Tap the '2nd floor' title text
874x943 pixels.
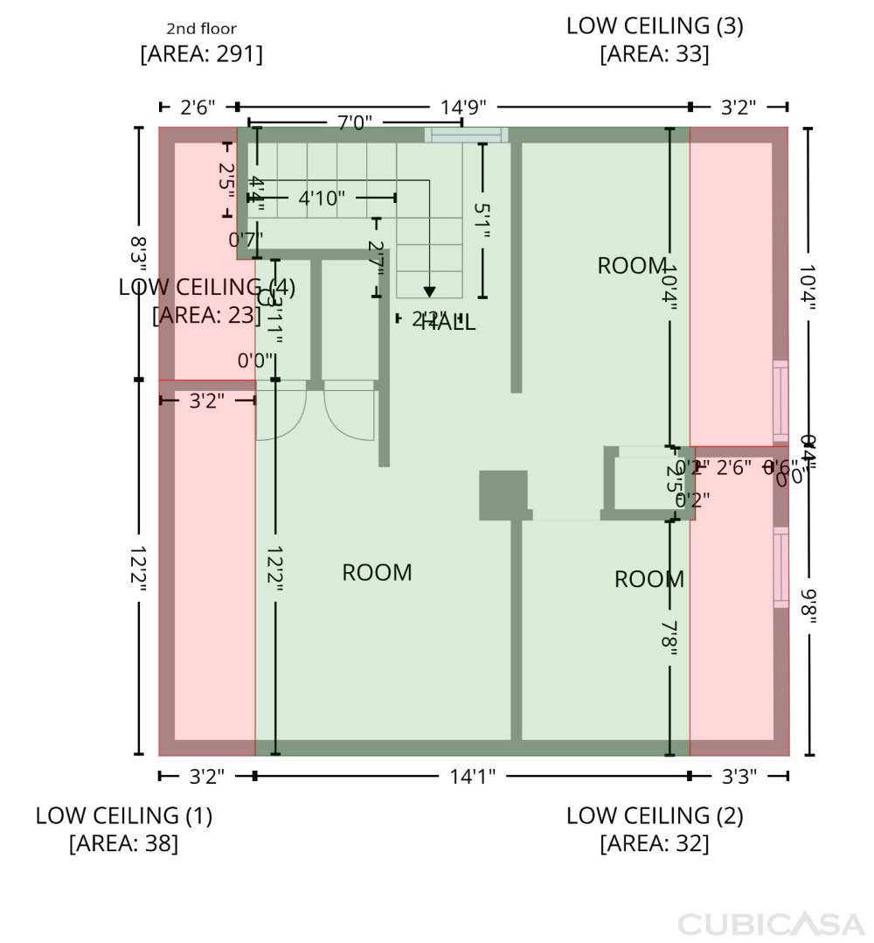pyautogui.click(x=201, y=29)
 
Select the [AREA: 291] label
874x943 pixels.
pyautogui.click(x=201, y=54)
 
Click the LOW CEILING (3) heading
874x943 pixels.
pyautogui.click(x=655, y=25)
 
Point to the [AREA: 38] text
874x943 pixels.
pyautogui.click(x=123, y=843)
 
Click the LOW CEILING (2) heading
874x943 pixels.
pyautogui.click(x=655, y=815)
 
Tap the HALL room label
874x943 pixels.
pyautogui.click(x=448, y=323)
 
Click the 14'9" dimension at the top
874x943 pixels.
pyautogui.click(x=463, y=107)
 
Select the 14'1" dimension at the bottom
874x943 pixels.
pyautogui.click(x=472, y=775)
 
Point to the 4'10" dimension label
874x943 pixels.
pyautogui.click(x=322, y=198)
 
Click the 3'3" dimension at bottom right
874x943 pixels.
pyautogui.click(x=740, y=775)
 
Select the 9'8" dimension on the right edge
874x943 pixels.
pyautogui.click(x=808, y=606)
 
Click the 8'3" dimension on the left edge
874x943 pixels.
pyautogui.click(x=138, y=254)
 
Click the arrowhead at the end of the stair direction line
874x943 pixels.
pyautogui.click(x=429, y=292)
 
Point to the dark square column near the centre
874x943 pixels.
pyautogui.click(x=503, y=495)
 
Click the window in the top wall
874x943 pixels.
pyautogui.click(x=466, y=134)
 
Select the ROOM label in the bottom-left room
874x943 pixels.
pyautogui.click(x=377, y=572)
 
